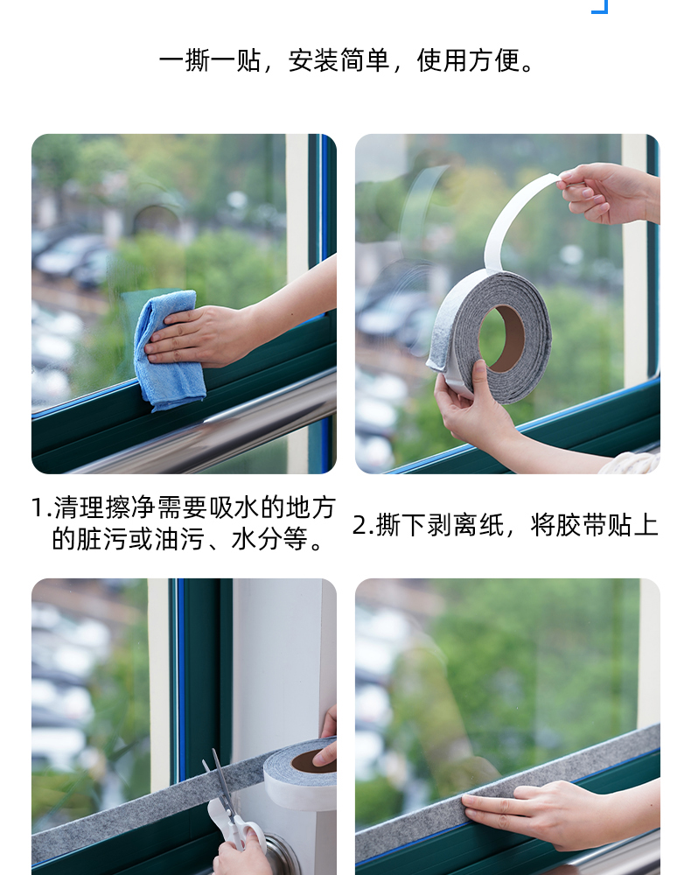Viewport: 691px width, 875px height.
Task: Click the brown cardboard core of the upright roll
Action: pyautogui.click(x=502, y=338)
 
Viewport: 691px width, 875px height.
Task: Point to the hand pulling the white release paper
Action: pyautogui.click(x=609, y=193)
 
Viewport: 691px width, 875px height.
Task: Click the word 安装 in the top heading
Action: pyautogui.click(x=313, y=61)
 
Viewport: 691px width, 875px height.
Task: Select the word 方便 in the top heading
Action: pyautogui.click(x=493, y=61)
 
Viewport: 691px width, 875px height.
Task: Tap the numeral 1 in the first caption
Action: pyautogui.click(x=38, y=507)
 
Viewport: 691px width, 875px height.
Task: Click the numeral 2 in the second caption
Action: pyautogui.click(x=360, y=526)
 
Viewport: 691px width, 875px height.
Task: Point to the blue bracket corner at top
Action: pyautogui.click(x=600, y=6)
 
